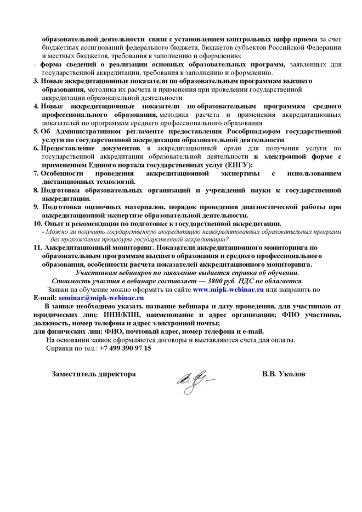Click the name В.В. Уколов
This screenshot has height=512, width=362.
tap(284, 373)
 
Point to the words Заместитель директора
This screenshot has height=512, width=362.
tap(93, 373)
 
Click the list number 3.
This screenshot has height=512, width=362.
tap(36, 81)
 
